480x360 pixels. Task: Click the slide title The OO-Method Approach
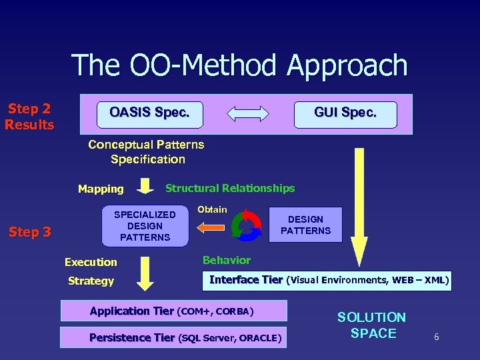(239, 66)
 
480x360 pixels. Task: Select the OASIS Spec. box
(149, 113)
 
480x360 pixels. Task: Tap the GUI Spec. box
(345, 113)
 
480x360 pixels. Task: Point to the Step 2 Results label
(29, 117)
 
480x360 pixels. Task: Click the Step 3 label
(29, 232)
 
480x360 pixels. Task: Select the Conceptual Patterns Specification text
(147, 152)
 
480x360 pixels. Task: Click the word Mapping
(101, 189)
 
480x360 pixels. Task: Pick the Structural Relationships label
(230, 189)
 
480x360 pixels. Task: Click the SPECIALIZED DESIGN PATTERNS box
(145, 226)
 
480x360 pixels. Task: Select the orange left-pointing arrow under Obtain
(211, 228)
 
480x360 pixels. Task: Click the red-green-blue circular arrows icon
(246, 225)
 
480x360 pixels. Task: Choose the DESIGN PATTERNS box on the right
(305, 225)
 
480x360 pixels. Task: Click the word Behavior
(227, 260)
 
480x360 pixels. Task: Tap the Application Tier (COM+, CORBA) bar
(173, 311)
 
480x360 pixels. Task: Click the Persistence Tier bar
(173, 338)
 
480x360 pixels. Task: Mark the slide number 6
(436, 338)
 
